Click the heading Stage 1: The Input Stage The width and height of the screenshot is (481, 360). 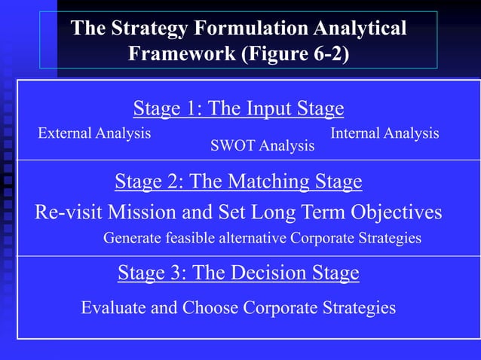(x=238, y=109)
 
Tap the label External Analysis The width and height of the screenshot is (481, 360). (x=94, y=133)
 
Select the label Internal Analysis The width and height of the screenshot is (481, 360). (x=384, y=133)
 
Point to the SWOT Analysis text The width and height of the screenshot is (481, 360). (x=262, y=145)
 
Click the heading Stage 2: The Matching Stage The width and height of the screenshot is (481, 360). (x=238, y=182)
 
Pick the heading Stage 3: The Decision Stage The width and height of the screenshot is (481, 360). (x=238, y=273)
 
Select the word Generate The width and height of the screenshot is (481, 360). (x=131, y=239)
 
